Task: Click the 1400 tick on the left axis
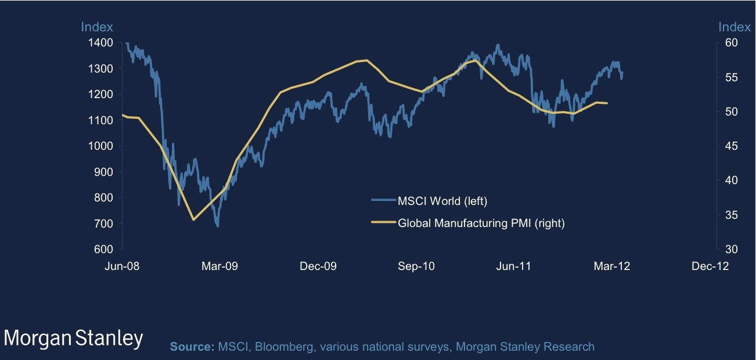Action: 102,43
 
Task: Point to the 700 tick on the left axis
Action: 105,224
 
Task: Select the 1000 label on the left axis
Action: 102,146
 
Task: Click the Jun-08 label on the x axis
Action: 121,266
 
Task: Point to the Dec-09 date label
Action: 318,266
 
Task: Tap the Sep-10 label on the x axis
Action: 416,266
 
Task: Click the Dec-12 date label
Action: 710,266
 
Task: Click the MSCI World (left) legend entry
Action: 442,201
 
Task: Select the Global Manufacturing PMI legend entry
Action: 481,222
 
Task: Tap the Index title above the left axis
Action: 96,27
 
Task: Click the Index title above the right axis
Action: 735,27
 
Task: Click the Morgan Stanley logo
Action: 73,339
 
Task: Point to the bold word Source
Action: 192,347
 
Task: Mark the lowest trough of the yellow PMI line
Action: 193,219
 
